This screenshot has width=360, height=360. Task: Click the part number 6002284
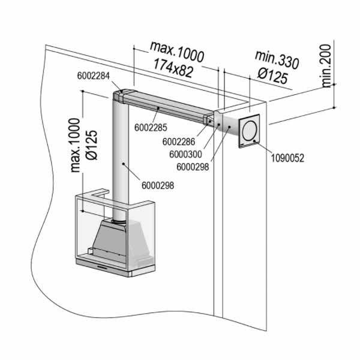click(94, 76)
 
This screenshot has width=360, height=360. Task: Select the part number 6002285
click(151, 128)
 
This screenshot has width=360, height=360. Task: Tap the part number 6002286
click(179, 142)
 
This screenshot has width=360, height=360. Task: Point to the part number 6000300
click(186, 154)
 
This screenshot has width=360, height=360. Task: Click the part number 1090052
click(287, 158)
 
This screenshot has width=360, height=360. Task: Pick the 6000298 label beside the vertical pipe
click(158, 185)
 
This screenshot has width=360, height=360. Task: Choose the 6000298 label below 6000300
click(193, 167)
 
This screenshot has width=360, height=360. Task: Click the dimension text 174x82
click(173, 68)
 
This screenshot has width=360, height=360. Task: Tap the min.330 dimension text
click(277, 59)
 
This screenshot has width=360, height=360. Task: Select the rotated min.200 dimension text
click(326, 66)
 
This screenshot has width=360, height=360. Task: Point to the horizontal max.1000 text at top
click(177, 52)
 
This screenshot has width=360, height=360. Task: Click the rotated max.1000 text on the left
click(76, 145)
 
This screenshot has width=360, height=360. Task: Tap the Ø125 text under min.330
click(273, 76)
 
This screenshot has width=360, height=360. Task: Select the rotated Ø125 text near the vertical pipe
click(92, 145)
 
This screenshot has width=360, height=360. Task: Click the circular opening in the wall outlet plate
click(250, 130)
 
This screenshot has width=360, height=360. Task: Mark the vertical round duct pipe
click(121, 161)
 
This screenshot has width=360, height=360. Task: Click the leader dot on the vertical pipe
click(123, 164)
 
